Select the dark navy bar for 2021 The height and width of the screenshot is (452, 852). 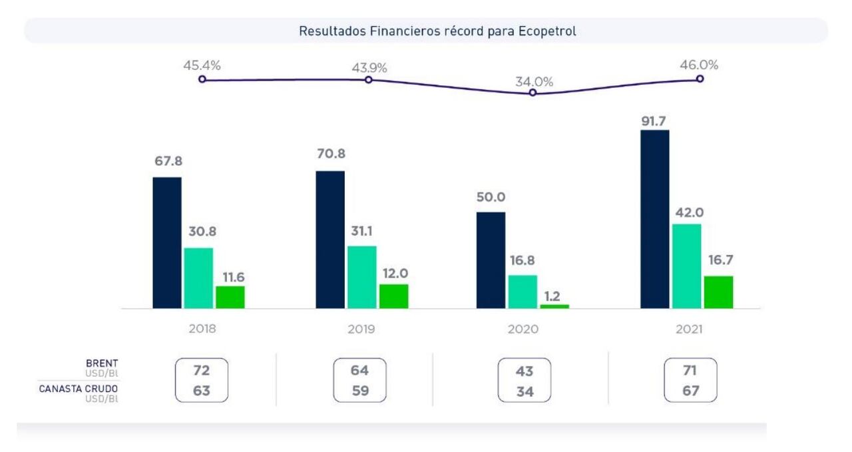point(654,219)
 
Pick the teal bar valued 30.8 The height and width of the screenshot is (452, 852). point(198,278)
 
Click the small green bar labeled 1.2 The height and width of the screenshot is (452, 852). point(554,306)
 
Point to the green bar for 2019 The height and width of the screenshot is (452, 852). point(393,296)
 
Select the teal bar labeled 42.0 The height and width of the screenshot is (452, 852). point(686,266)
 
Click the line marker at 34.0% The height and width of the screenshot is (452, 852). point(532,93)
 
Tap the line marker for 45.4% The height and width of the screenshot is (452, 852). point(202,79)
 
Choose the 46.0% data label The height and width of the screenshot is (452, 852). point(700,65)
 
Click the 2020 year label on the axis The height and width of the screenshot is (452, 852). point(523,329)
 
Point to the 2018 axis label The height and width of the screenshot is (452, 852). point(202,329)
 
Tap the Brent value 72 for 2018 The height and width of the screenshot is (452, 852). point(202,370)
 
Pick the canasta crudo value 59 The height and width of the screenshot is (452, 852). point(359,391)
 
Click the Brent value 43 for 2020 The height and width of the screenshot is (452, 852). point(524,371)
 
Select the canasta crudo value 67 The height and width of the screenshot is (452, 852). point(690,391)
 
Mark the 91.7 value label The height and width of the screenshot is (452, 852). point(654,121)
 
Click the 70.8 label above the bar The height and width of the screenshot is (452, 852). point(331,154)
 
